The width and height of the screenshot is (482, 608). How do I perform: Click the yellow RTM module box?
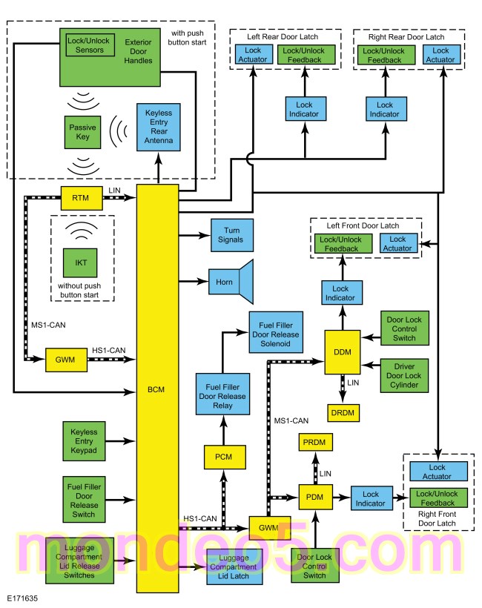coord(82,198)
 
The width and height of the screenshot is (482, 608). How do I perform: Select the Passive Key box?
coord(82,132)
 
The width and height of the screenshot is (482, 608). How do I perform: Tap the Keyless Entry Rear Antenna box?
coord(159,127)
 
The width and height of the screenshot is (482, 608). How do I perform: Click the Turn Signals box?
coord(232,235)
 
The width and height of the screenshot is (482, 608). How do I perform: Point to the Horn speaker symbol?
coord(231,282)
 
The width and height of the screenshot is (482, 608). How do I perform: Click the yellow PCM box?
coord(225,457)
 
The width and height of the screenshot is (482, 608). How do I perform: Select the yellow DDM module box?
coord(343,352)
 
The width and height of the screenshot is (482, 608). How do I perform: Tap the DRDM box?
coord(343,413)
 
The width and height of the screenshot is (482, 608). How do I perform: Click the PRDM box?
coord(315,442)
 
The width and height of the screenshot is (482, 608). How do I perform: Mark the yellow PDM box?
coord(315,497)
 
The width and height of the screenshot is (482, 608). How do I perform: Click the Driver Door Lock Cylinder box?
coord(404,376)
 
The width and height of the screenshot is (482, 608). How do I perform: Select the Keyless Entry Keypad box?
coord(84,441)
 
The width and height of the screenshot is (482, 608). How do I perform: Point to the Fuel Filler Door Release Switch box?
coord(84,500)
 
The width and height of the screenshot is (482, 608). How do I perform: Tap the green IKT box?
coord(80,263)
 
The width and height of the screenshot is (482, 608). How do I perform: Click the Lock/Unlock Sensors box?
coord(90,45)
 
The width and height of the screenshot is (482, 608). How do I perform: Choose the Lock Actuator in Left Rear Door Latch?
coord(253,55)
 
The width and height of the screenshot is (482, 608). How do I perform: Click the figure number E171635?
coord(22,598)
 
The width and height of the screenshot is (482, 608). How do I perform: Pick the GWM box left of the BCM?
coord(66,360)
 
